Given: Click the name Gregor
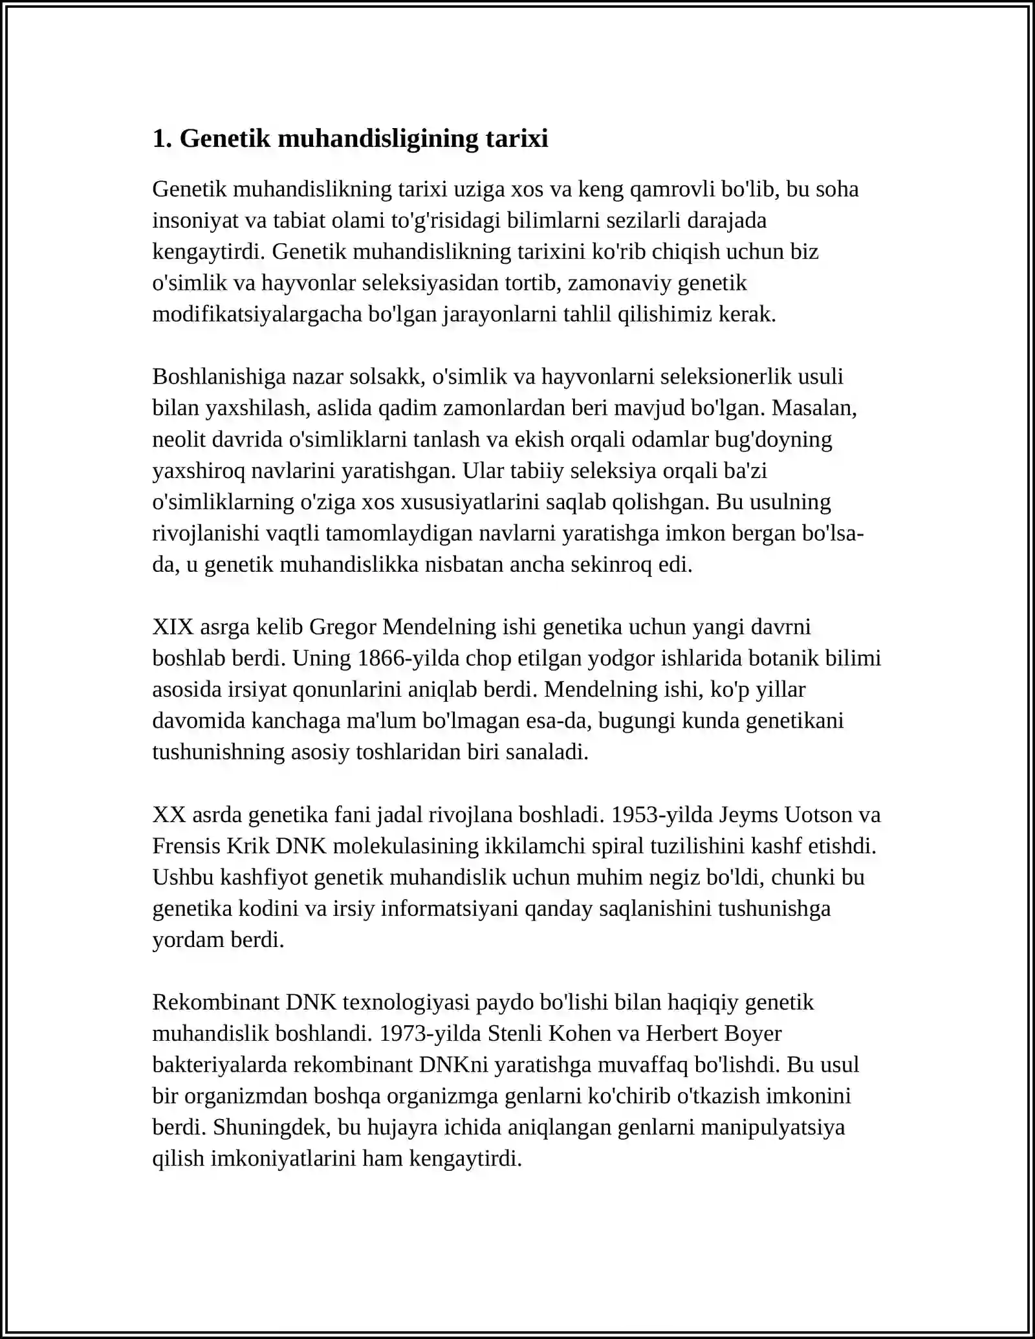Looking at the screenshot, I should pos(343,627).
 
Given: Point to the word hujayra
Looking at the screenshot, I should pos(402,1127).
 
